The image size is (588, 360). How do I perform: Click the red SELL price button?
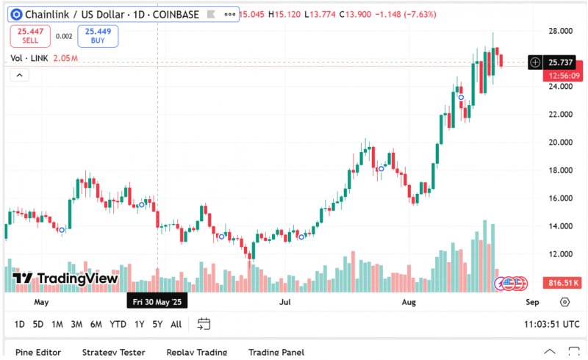(x=30, y=36)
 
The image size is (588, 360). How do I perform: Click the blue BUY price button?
(x=97, y=36)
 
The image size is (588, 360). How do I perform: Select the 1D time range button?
(x=19, y=324)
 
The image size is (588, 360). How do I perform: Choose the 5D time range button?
(x=38, y=324)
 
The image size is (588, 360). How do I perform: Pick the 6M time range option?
(x=96, y=324)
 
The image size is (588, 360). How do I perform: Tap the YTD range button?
(x=118, y=324)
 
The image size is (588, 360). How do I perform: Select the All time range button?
(x=176, y=324)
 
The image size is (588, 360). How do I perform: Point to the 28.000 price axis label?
(x=561, y=32)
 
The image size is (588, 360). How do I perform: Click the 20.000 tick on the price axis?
(x=561, y=143)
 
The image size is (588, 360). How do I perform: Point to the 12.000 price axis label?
(x=561, y=254)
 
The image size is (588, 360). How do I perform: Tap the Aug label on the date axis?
(x=409, y=302)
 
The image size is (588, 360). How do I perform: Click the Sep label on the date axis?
(x=533, y=302)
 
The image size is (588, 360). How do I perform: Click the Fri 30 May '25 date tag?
(x=157, y=302)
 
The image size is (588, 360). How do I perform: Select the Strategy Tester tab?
(x=113, y=353)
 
